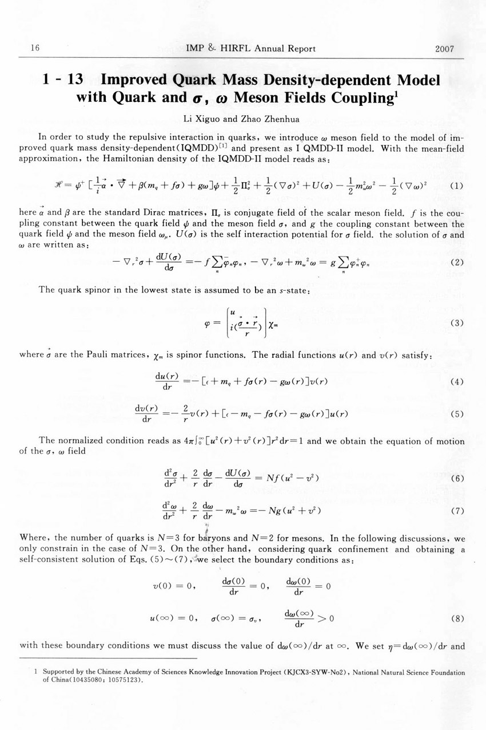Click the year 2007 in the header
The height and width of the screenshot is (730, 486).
coord(444,49)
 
